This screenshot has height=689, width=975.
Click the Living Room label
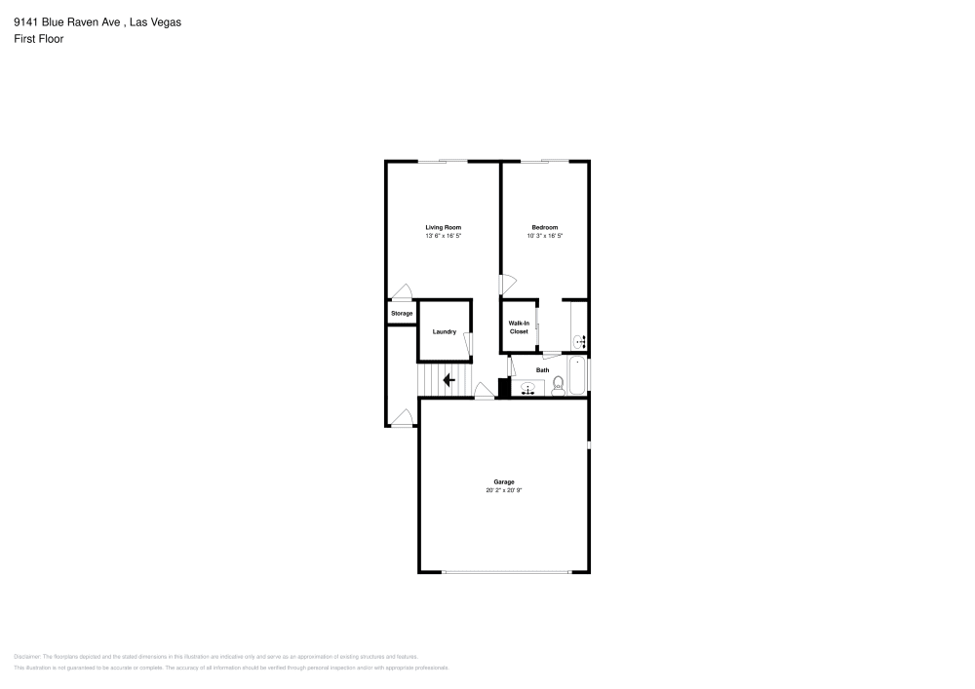point(443,227)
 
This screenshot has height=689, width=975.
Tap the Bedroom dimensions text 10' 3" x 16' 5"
point(544,236)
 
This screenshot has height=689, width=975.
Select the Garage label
point(503,482)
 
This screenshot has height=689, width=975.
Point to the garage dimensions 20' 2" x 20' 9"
point(503,490)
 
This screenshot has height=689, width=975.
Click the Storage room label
point(402,313)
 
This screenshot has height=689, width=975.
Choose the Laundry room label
point(445,331)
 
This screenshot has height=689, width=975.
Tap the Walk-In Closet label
point(519,327)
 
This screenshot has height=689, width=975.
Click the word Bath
point(542,369)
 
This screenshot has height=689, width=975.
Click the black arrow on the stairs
point(448,380)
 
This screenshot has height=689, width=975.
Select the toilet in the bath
point(559,388)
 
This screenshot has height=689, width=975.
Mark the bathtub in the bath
point(577,377)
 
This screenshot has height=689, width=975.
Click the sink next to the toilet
point(528,388)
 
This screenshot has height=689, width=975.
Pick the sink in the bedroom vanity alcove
point(578,341)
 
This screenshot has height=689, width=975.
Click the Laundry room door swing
point(468,345)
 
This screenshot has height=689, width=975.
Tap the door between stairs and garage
point(484,392)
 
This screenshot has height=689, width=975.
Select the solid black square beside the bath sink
point(504,388)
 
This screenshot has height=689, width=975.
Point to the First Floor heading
point(39,39)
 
